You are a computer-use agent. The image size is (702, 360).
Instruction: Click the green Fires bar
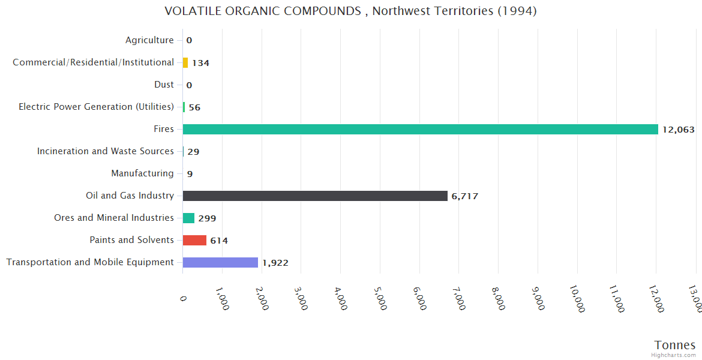coord(420,129)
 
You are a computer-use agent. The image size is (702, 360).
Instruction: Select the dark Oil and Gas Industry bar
coord(315,196)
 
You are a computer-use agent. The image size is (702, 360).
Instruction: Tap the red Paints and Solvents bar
coord(194,240)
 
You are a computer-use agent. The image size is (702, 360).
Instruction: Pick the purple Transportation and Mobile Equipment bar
coord(220,262)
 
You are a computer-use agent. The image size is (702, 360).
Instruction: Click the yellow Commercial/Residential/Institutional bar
coord(185,62)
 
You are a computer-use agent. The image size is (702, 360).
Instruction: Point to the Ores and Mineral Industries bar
coord(188,218)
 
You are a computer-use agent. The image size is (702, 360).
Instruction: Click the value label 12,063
coord(678,130)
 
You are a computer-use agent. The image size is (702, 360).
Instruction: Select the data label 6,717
coord(464,196)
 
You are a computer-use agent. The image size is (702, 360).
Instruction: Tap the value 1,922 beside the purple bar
coord(275,263)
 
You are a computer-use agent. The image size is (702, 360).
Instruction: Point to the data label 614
coord(219,241)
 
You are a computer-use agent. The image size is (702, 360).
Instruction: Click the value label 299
coord(207,218)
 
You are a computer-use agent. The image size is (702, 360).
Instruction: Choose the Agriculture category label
coord(149,40)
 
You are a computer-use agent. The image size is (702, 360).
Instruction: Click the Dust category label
coord(164,85)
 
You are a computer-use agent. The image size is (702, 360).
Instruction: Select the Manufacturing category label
coord(142,173)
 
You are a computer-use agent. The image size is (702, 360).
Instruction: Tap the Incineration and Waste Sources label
coord(106,151)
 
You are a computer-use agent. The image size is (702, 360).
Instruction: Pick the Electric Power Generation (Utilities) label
coord(96,107)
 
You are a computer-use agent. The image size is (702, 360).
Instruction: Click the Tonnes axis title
coord(674,344)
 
